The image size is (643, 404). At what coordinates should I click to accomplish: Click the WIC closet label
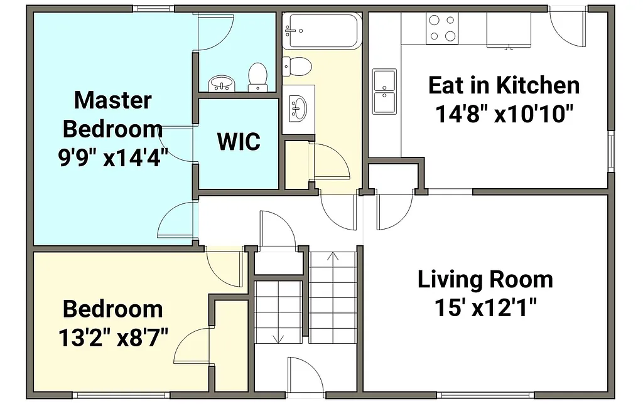[x=239, y=142]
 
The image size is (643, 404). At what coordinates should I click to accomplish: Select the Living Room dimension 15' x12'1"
[x=485, y=308]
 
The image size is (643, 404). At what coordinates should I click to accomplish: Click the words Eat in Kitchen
[x=504, y=85]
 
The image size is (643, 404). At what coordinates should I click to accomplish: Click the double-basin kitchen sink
[x=384, y=92]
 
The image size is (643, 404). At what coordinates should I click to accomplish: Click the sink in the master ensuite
[x=220, y=83]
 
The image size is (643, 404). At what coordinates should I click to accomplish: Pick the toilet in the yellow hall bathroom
[x=297, y=65]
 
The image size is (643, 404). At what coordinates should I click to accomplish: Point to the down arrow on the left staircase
[x=278, y=338]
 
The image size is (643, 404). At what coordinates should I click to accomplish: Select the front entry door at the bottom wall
[x=304, y=376]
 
